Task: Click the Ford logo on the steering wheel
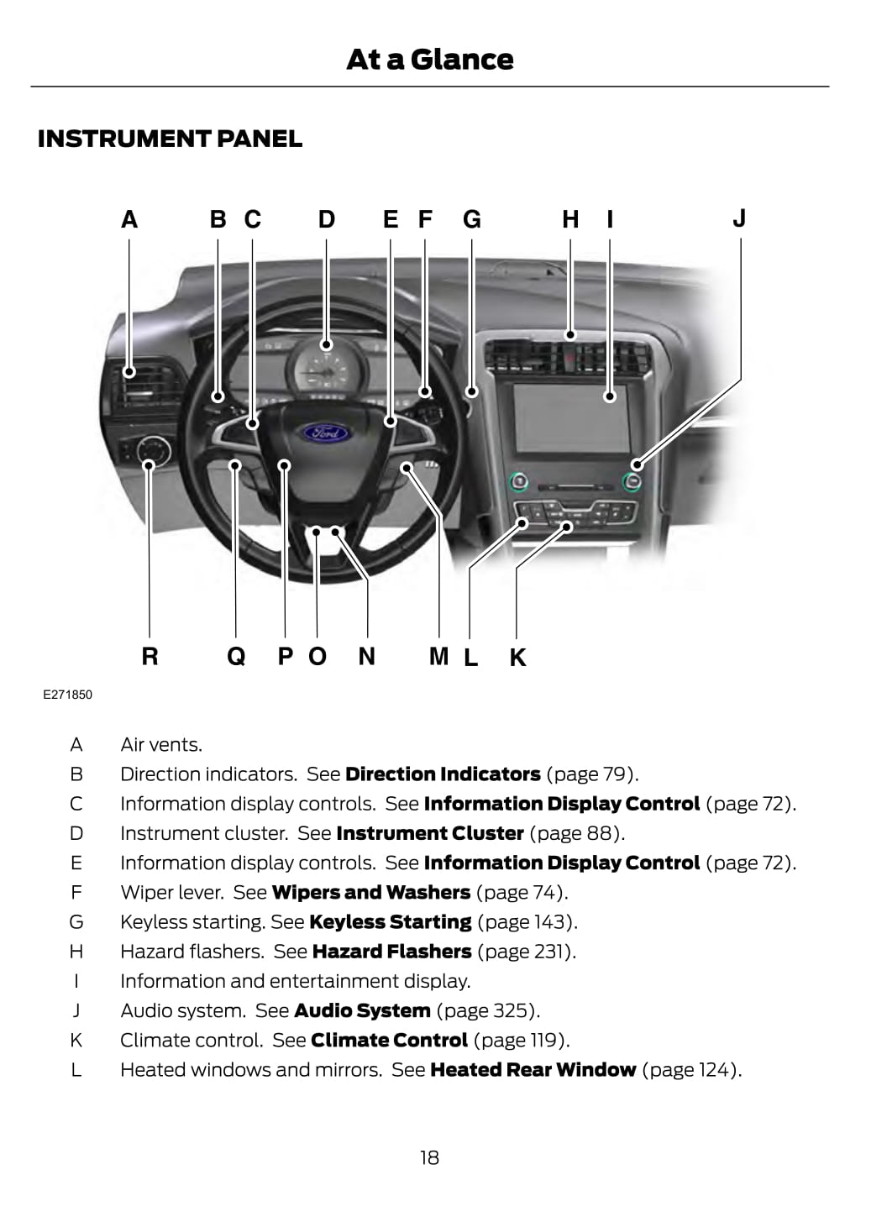[x=325, y=433]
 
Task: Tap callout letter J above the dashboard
[x=739, y=218]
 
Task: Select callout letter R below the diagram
[x=150, y=656]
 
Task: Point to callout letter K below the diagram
[x=517, y=657]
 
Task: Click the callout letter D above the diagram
[x=326, y=219]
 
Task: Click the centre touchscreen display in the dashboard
[x=571, y=417]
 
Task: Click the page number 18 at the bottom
[x=429, y=1157]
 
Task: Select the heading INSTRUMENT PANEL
[x=170, y=139]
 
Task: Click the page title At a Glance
[x=429, y=59]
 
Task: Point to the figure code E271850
[x=68, y=695]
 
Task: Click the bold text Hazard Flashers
[x=391, y=952]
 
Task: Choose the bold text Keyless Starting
[x=390, y=922]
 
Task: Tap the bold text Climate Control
[x=389, y=1041]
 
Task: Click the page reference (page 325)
[x=488, y=1011]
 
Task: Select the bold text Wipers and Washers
[x=371, y=893]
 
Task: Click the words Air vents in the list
[x=161, y=745]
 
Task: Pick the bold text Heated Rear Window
[x=533, y=1070]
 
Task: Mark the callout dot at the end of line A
[x=129, y=372]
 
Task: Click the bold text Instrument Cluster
[x=430, y=833]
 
